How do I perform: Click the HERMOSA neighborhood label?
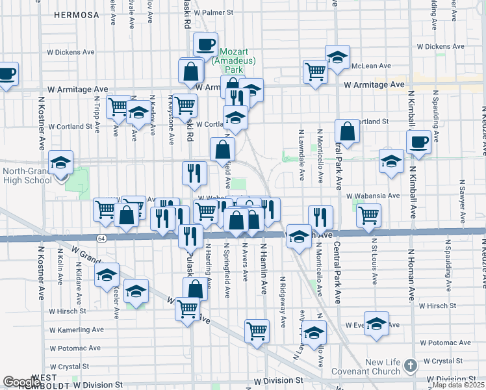[x=77, y=14]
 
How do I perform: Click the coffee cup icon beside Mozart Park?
[x=205, y=45]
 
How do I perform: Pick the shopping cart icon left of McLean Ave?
[x=315, y=71]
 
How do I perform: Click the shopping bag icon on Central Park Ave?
[x=348, y=131]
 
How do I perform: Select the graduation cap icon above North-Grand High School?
[x=61, y=162]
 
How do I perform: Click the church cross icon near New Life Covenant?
[x=410, y=365]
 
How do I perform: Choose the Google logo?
[x=21, y=382]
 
